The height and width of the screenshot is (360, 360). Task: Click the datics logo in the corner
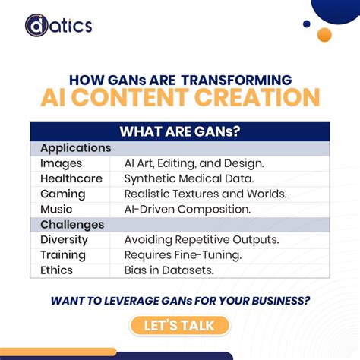[x=58, y=26]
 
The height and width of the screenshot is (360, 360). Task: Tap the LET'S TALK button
[x=179, y=326]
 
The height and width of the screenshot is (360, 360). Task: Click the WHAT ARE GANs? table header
[x=180, y=132]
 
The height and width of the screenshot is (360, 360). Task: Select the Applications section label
[x=75, y=148]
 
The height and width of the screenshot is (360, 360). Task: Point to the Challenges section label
[x=72, y=225]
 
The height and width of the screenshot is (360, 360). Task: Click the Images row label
[x=61, y=163]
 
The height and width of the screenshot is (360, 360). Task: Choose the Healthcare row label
[x=71, y=178]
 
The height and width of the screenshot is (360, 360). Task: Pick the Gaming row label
[x=63, y=194]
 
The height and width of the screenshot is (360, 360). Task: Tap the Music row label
[x=57, y=209]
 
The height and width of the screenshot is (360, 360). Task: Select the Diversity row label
[x=65, y=240]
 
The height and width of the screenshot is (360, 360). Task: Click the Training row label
[x=63, y=255]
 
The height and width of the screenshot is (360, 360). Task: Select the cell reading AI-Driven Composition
[x=198, y=209]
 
